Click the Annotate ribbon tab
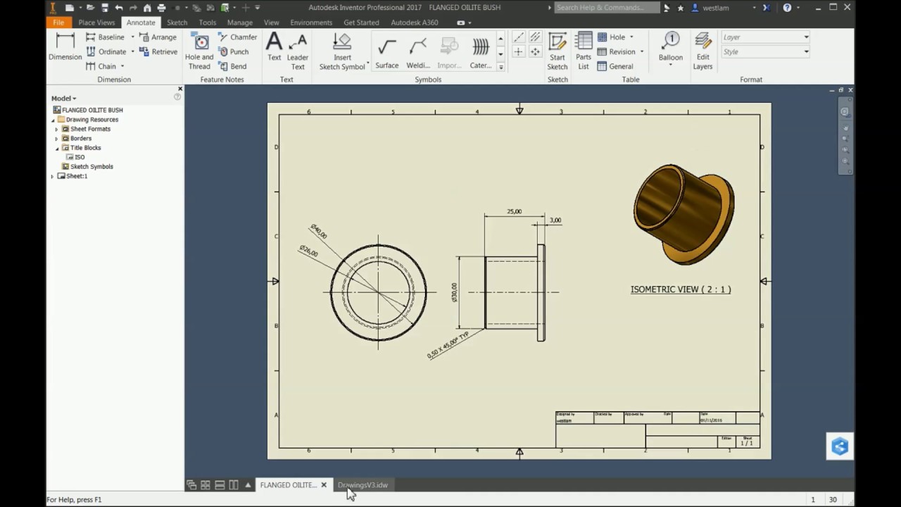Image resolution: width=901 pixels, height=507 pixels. point(141,23)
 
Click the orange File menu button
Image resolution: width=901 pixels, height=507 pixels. point(58,23)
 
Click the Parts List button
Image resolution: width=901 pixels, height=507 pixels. point(584,51)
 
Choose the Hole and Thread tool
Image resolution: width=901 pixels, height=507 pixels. point(199,51)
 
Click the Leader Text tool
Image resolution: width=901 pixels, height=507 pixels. point(298,51)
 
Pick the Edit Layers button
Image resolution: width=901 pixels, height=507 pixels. point(702,51)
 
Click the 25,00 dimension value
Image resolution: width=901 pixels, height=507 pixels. point(514,211)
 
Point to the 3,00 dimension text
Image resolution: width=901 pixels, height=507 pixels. point(555,220)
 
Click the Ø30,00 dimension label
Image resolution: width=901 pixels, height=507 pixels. point(454,292)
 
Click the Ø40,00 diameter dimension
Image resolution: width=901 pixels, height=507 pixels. point(318,232)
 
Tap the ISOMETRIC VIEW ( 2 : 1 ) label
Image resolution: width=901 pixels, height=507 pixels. point(680,289)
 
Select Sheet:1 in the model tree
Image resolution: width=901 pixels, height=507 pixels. point(76,176)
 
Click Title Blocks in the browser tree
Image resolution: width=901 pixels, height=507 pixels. point(85,148)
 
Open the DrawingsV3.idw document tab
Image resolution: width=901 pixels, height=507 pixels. point(363,485)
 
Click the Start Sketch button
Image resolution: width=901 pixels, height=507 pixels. point(557,51)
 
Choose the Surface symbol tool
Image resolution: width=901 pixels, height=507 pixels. point(386,54)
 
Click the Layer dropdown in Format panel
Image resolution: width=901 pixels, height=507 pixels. point(766,37)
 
